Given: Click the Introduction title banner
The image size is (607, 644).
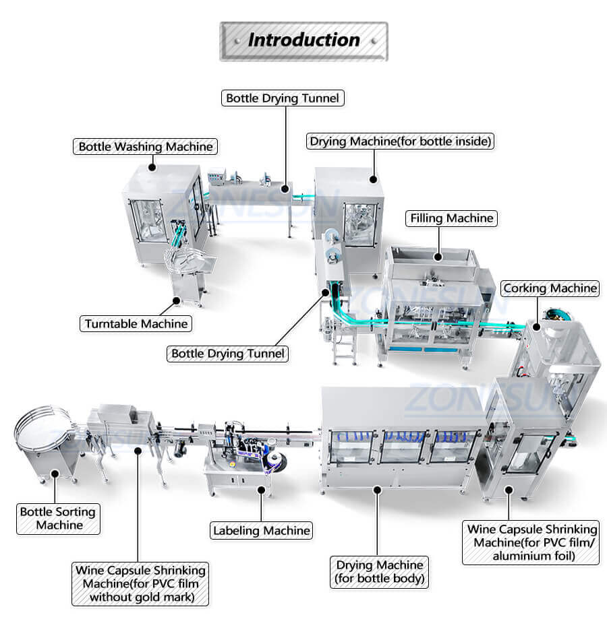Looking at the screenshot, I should click(303, 40).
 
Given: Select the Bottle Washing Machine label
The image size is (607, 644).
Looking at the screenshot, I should click(146, 146).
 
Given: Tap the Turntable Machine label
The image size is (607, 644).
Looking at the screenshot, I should click(136, 323).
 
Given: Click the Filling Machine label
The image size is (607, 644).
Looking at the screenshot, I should click(451, 218).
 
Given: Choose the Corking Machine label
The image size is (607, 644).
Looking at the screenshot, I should click(550, 288).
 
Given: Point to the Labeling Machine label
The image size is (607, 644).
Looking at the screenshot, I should click(262, 530).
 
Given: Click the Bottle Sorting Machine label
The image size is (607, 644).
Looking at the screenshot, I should click(58, 518).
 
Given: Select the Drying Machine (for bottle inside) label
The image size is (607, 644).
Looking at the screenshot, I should click(401, 141).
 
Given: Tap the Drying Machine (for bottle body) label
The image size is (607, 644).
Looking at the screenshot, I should click(380, 571).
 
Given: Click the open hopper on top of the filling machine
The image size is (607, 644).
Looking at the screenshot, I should click(432, 259).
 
